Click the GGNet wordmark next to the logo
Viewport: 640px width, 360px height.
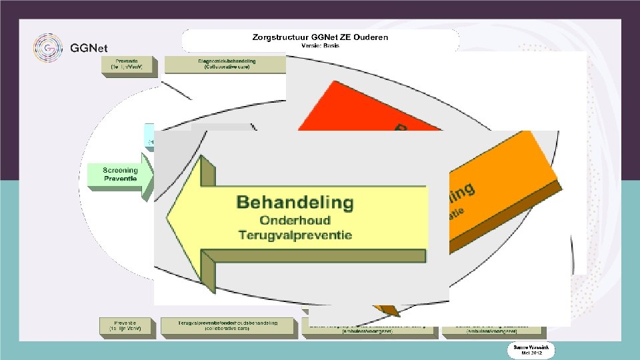coord(89,48)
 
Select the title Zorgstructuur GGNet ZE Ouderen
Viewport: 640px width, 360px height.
coord(320,37)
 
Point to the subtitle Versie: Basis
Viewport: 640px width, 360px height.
coord(320,46)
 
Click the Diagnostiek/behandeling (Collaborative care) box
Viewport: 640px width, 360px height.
coord(225,65)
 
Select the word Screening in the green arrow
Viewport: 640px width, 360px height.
coord(120,171)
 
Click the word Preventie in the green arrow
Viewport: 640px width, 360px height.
coord(120,179)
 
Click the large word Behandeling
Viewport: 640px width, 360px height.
coord(295,201)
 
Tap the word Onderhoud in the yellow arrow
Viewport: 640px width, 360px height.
coord(295,220)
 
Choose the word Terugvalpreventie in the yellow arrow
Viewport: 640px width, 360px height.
coord(295,235)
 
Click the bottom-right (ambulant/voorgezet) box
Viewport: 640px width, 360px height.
coord(493,329)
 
